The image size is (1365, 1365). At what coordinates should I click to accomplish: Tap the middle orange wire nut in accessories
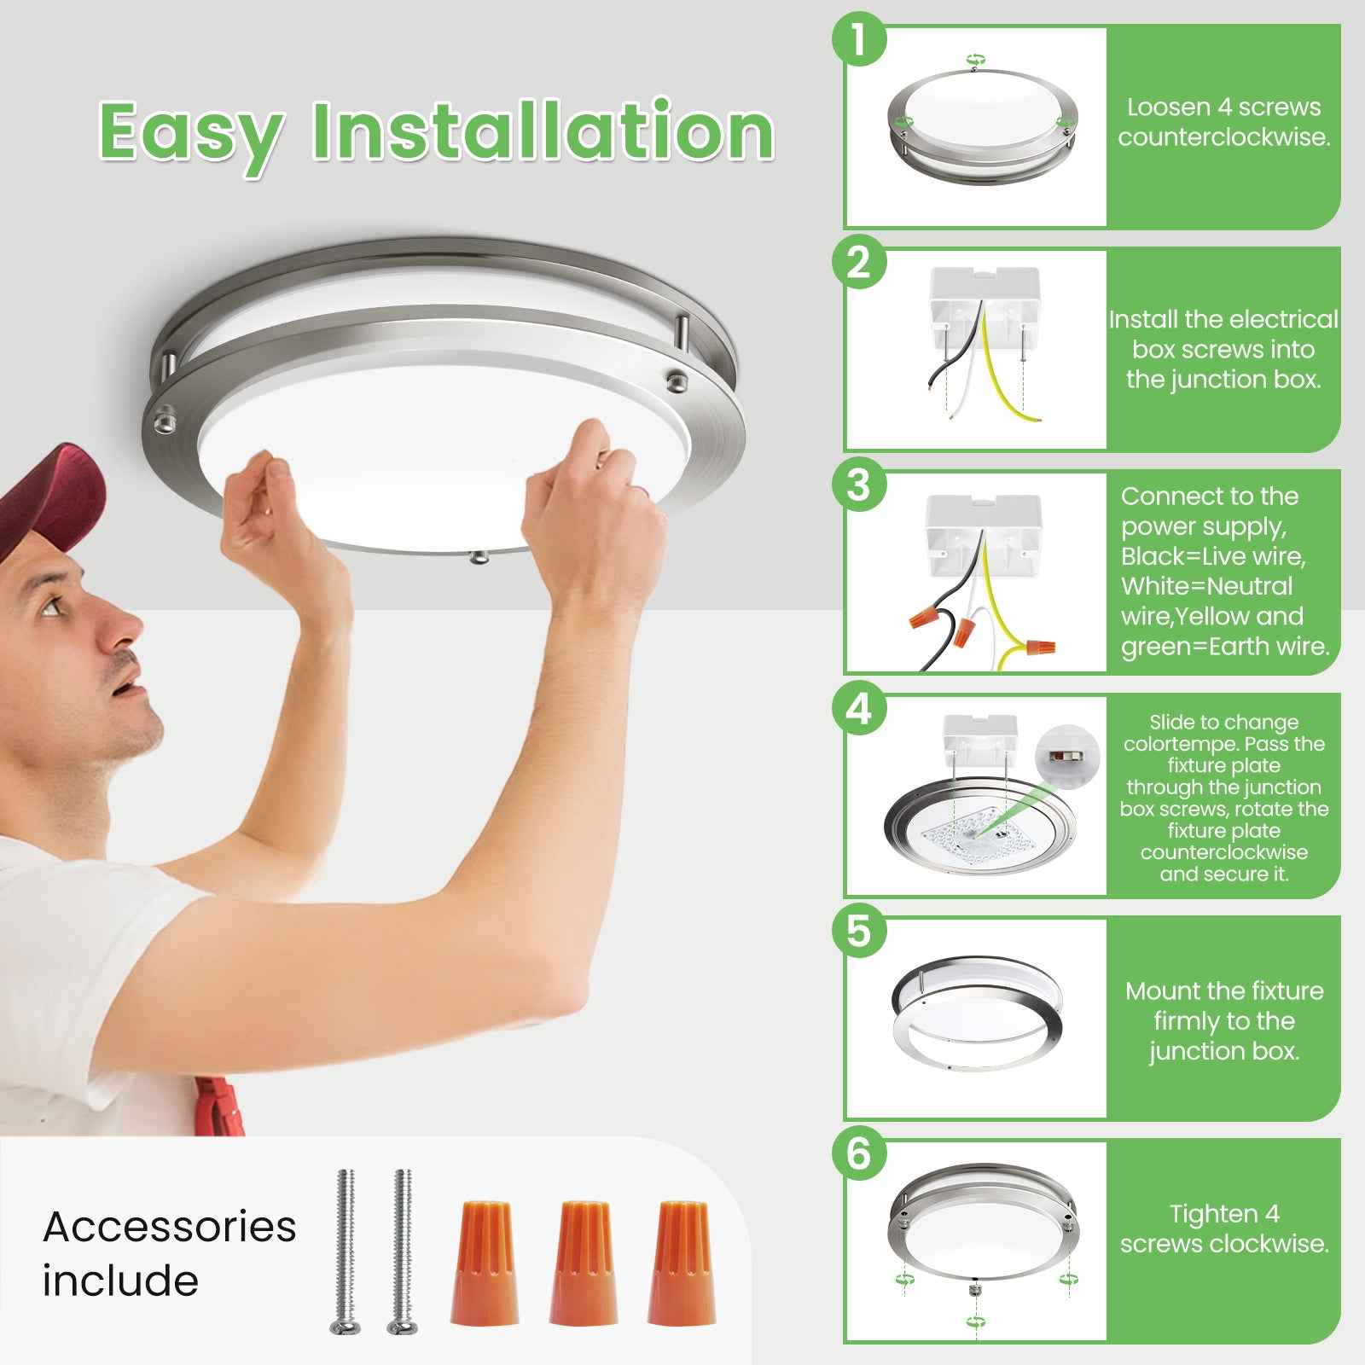click(584, 1262)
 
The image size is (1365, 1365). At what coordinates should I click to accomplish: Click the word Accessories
click(170, 1227)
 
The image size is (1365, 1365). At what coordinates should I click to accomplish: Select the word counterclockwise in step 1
click(1224, 137)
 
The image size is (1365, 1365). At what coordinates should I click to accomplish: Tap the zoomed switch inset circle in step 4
click(1066, 754)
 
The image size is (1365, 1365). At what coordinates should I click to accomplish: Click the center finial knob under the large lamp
click(479, 557)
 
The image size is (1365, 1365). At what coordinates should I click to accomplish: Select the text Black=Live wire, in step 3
click(1213, 556)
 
